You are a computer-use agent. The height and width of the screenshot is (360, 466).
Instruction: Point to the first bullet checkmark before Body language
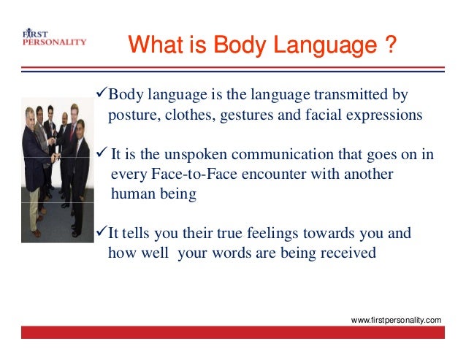pyautogui.click(x=102, y=95)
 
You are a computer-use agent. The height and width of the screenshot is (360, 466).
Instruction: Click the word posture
pyautogui.click(x=130, y=116)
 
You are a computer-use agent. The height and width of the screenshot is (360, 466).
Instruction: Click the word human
pyautogui.click(x=131, y=195)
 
